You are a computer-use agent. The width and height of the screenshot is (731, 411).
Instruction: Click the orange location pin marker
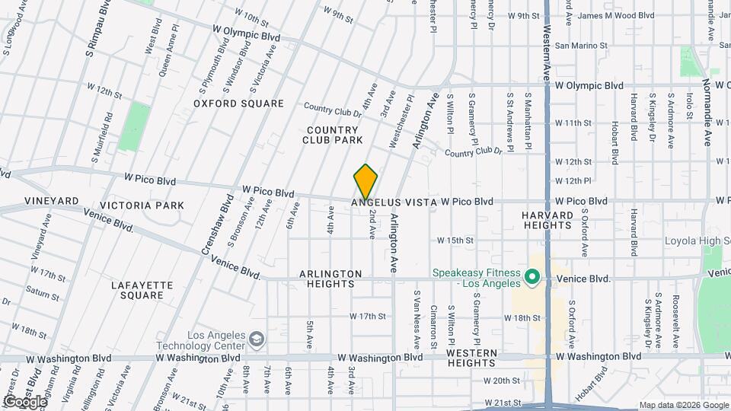click(366, 183)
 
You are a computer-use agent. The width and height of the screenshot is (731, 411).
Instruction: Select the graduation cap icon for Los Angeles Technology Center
click(257, 337)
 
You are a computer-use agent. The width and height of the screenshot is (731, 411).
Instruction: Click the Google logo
click(25, 401)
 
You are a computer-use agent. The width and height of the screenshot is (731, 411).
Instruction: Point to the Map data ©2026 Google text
click(683, 404)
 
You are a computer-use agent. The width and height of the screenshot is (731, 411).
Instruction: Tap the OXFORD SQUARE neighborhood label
click(228, 104)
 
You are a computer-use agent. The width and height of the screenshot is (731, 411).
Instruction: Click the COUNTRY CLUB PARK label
click(332, 135)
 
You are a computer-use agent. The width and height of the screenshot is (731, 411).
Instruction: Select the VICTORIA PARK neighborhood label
click(142, 205)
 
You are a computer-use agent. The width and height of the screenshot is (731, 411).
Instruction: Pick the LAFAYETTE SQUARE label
click(142, 291)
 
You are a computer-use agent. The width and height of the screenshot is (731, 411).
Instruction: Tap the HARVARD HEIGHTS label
click(547, 221)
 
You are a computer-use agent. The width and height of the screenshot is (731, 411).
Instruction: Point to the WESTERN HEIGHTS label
click(471, 359)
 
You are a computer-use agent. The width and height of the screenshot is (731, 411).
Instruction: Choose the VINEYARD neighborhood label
click(52, 200)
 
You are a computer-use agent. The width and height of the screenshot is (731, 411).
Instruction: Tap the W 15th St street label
click(455, 240)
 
